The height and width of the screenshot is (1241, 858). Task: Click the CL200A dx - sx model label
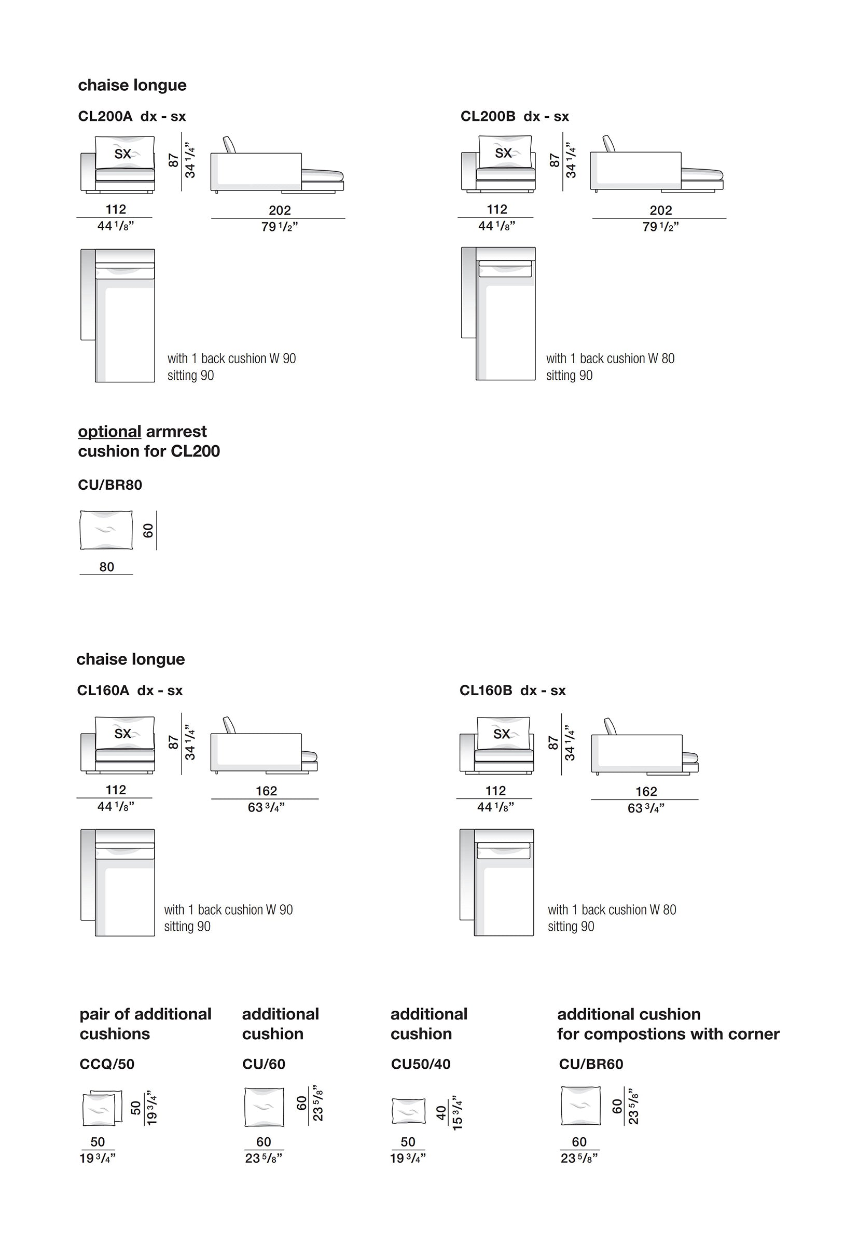click(x=132, y=116)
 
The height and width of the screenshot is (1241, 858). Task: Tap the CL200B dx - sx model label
click(x=515, y=116)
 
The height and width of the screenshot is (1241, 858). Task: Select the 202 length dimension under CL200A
click(x=280, y=210)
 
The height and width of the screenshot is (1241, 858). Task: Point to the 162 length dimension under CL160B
click(x=646, y=792)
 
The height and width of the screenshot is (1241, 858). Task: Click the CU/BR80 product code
click(x=110, y=485)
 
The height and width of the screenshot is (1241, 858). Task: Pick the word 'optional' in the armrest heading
click(x=109, y=432)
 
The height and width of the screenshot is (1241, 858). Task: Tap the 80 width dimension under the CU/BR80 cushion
click(x=106, y=567)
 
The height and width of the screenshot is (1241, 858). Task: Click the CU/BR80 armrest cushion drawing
click(x=106, y=530)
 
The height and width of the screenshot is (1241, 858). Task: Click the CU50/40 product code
click(x=420, y=1064)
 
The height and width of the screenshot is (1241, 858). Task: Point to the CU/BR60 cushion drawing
click(x=580, y=1106)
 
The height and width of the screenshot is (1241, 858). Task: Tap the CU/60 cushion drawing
click(x=264, y=1107)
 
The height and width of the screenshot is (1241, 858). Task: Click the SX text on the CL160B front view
click(x=502, y=734)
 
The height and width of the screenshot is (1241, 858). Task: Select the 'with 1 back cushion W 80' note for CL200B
click(x=610, y=358)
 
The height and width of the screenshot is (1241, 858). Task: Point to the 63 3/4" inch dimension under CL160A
click(x=266, y=808)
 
